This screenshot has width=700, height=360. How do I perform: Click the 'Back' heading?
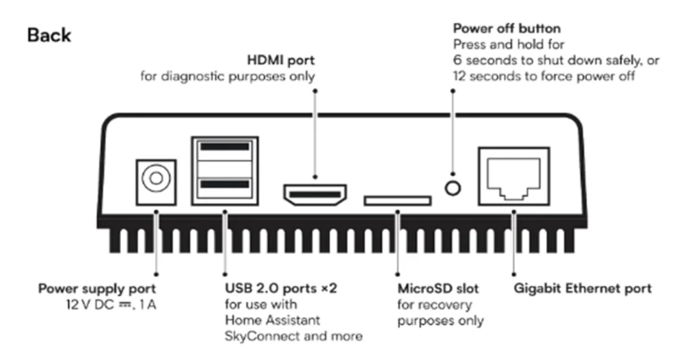pyautogui.click(x=49, y=36)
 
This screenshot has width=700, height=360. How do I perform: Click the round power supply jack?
pyautogui.click(x=156, y=180)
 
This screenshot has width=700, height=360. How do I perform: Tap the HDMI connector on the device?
pyautogui.click(x=315, y=195)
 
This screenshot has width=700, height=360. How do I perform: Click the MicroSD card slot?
pyautogui.click(x=397, y=200)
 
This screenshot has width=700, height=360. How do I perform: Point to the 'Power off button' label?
pyautogui.click(x=507, y=29)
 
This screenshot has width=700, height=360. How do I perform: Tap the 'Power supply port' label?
pyautogui.click(x=97, y=288)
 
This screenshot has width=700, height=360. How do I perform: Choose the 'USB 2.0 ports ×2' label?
pyautogui.click(x=281, y=288)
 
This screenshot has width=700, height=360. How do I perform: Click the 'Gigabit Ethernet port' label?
pyautogui.click(x=582, y=288)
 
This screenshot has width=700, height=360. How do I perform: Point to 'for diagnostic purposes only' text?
pyautogui.click(x=228, y=76)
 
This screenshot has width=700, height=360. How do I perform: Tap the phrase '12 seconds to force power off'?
pyautogui.click(x=544, y=77)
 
